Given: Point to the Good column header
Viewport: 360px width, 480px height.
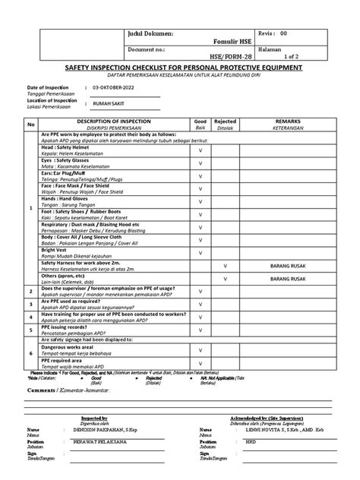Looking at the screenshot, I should pyautogui.click(x=201, y=121).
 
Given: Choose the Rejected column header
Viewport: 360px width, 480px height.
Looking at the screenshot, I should pyautogui.click(x=226, y=121).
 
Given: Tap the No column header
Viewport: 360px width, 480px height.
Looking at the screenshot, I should pyautogui.click(x=31, y=125).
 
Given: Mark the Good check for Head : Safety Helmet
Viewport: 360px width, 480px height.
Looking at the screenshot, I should pyautogui.click(x=201, y=151).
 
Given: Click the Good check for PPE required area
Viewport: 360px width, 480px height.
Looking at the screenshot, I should pyautogui.click(x=201, y=363).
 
